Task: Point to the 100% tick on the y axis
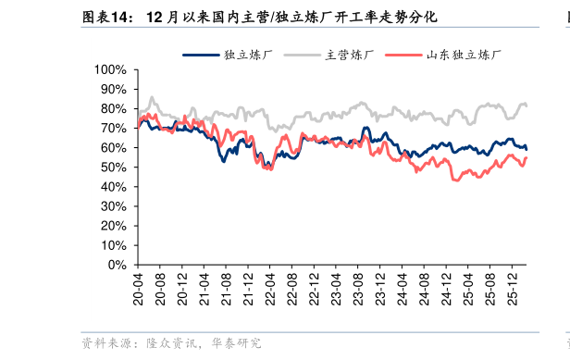(x=110, y=69)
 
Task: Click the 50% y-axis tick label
(x=113, y=168)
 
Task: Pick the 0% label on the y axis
(x=117, y=265)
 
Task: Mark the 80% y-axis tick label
(x=113, y=109)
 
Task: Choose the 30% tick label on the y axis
(x=113, y=206)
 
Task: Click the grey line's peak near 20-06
(x=152, y=96)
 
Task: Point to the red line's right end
(x=527, y=158)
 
